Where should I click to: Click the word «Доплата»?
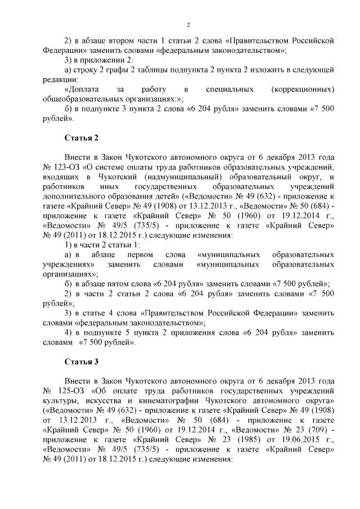point(82,89)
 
